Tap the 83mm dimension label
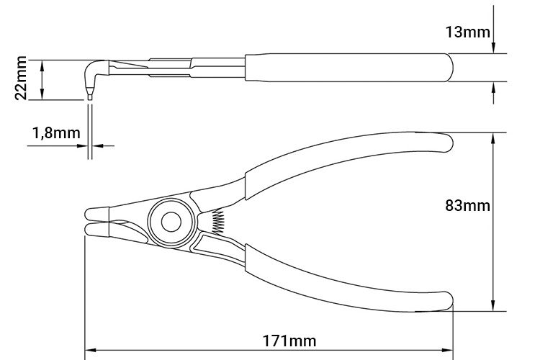point(469,206)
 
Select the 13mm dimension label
point(468,32)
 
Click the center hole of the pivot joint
point(171,221)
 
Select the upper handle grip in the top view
point(346,155)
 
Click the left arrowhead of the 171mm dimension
point(89,353)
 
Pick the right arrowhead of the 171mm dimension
point(448,353)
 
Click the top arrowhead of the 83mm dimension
point(493,138)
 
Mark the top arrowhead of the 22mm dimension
point(42,64)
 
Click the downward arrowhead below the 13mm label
point(493,48)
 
